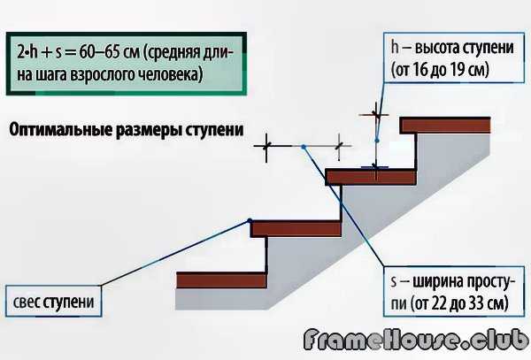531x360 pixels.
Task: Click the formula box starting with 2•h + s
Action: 120,63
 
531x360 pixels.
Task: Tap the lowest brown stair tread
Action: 222,281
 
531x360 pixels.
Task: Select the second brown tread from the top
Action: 371,177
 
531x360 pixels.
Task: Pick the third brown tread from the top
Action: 296,228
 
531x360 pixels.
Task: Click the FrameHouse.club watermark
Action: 415,341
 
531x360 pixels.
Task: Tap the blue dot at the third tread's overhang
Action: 250,220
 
